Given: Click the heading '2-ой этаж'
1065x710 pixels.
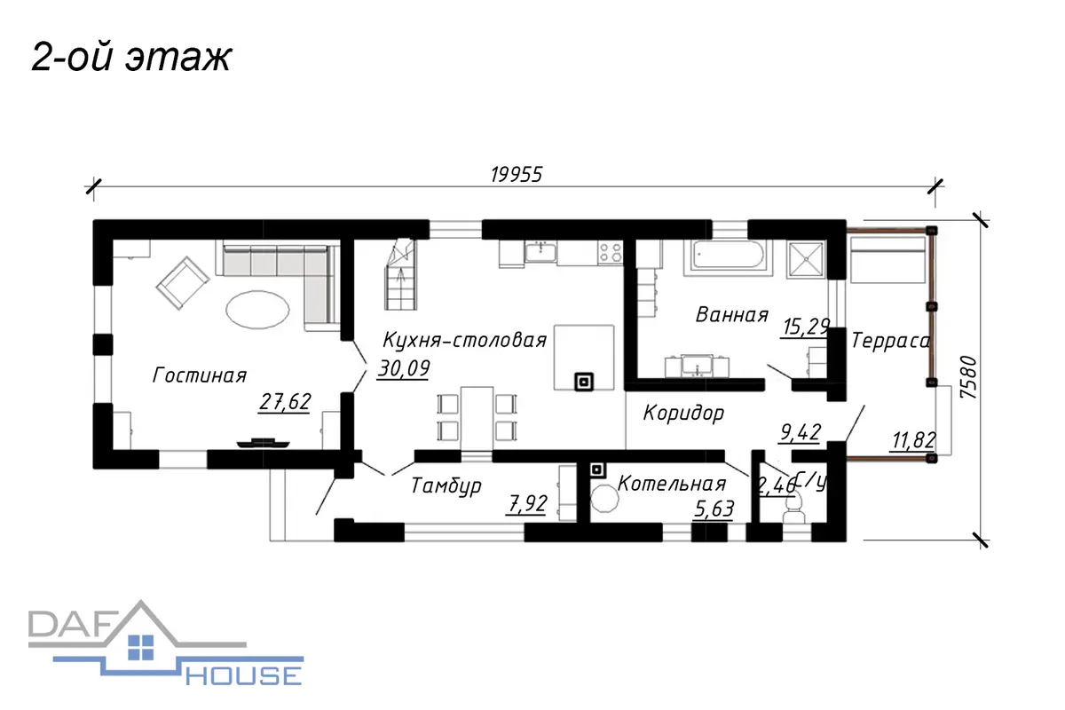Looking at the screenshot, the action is coord(131,58).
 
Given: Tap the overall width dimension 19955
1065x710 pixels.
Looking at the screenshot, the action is coord(517,175).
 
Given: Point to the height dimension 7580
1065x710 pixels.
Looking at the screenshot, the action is coord(968,377).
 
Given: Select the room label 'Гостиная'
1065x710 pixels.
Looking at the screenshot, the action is coord(200,375).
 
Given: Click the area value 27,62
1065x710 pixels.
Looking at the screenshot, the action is coord(285,402).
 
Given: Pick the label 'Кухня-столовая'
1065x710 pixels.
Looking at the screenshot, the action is coord(464,341).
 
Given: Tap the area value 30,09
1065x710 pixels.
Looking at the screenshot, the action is coord(404,368).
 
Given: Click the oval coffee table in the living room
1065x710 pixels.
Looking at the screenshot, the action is coord(257,310).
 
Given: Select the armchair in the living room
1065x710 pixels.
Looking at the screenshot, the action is coord(182,282).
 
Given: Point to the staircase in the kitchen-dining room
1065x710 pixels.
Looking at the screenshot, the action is coord(400,275).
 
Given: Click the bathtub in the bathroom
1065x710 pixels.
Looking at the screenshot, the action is coord(728,257).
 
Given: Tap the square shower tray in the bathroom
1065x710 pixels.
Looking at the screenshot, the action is coord(806,259).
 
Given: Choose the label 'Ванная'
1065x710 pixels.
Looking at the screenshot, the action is coord(731,315).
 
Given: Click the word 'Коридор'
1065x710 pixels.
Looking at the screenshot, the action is coord(683,413).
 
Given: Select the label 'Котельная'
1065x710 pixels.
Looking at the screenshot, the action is coord(672,484).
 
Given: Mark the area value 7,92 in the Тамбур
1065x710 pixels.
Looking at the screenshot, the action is coord(527,504).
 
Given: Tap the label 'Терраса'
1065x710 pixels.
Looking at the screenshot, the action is coord(890,341).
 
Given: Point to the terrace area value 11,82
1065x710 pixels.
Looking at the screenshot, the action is coord(913,440).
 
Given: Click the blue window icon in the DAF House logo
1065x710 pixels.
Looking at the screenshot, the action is coord(141,648).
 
